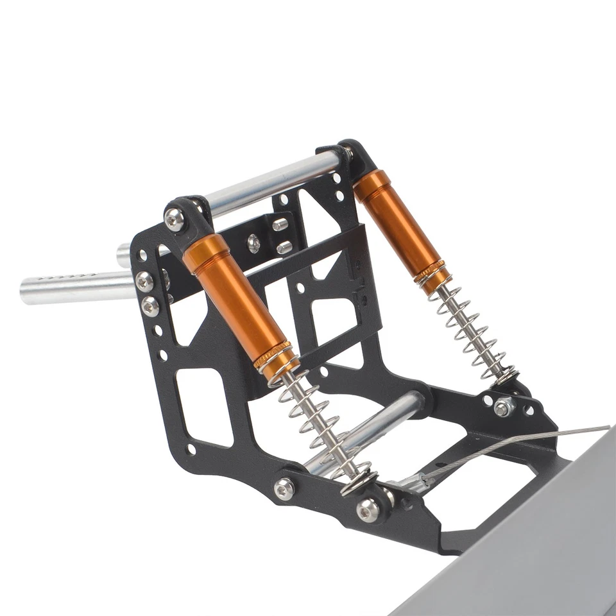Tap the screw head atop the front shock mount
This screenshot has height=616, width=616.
(x=175, y=219)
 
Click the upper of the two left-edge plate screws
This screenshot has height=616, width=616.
(x=144, y=281)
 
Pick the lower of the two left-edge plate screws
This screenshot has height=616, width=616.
(x=150, y=306)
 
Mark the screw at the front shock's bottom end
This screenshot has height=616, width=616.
(x=368, y=509)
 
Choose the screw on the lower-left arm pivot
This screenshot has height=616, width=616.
(x=284, y=489)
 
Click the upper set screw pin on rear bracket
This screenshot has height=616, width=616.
(x=280, y=225)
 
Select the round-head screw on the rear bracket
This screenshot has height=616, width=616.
(x=254, y=243)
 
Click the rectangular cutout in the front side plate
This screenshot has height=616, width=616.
(x=204, y=407)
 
